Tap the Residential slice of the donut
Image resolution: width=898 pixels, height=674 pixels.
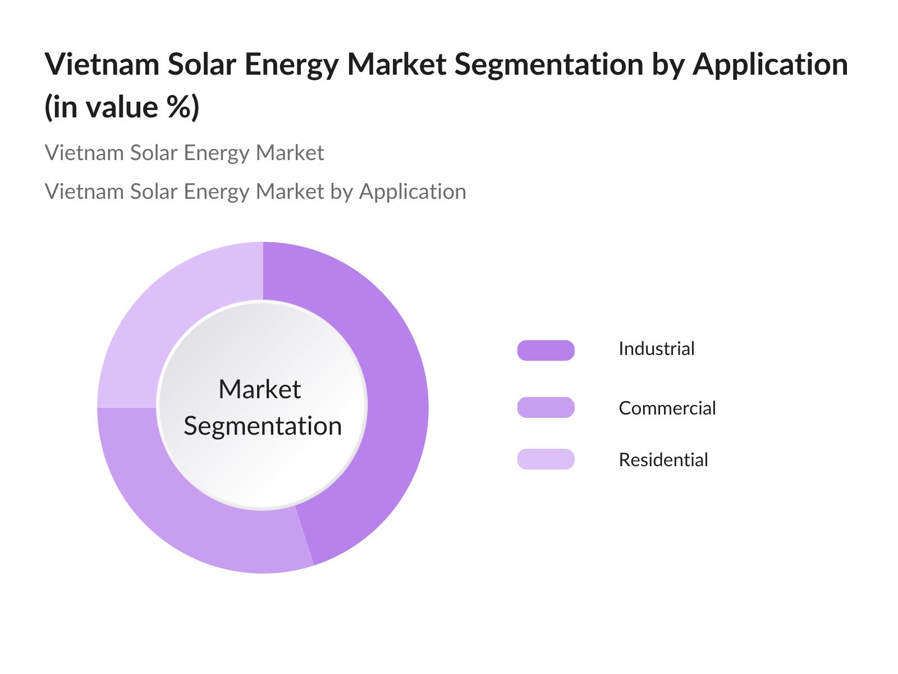click(168, 315)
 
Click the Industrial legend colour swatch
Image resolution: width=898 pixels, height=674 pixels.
click(546, 350)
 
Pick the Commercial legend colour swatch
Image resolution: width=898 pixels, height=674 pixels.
click(546, 407)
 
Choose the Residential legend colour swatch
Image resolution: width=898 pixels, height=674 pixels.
click(546, 459)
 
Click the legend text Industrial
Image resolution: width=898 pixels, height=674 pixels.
click(656, 349)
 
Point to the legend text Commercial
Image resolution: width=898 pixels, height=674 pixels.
click(667, 408)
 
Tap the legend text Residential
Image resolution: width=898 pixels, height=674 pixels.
click(663, 460)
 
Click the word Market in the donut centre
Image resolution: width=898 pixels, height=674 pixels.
click(260, 389)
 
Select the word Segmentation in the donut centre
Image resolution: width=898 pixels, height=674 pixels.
click(263, 426)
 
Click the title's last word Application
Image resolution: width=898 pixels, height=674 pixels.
click(770, 65)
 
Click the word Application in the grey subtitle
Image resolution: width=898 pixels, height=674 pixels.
click(413, 192)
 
